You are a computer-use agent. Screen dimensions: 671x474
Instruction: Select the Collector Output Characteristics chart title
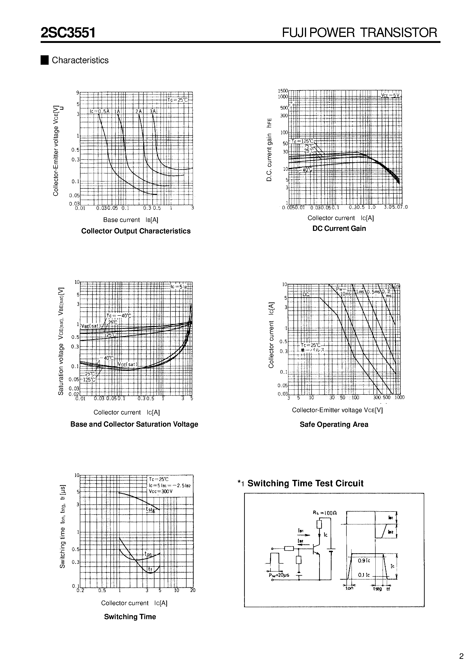[x=136, y=231]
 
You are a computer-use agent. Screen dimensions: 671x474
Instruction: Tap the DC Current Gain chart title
[x=339, y=228]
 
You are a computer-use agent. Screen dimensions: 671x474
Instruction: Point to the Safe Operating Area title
[x=334, y=424]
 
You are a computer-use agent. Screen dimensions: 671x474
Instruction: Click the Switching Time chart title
[x=130, y=617]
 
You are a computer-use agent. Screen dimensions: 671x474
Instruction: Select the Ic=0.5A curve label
[x=99, y=111]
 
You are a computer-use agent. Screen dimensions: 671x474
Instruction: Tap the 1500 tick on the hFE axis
[x=283, y=91]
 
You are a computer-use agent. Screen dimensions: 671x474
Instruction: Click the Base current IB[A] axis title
[x=131, y=220]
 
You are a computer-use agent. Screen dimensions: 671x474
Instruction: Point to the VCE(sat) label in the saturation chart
[x=127, y=364]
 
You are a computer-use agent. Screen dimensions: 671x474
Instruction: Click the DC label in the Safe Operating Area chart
[x=306, y=295]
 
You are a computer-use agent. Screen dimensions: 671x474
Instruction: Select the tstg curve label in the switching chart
[x=150, y=510]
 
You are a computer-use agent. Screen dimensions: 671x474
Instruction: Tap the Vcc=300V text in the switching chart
[x=160, y=491]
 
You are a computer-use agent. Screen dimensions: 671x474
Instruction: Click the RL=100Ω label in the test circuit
[x=325, y=513]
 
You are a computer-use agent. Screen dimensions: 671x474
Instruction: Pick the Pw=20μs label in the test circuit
[x=279, y=575]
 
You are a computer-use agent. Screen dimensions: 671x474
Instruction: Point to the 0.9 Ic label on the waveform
[x=364, y=561]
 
